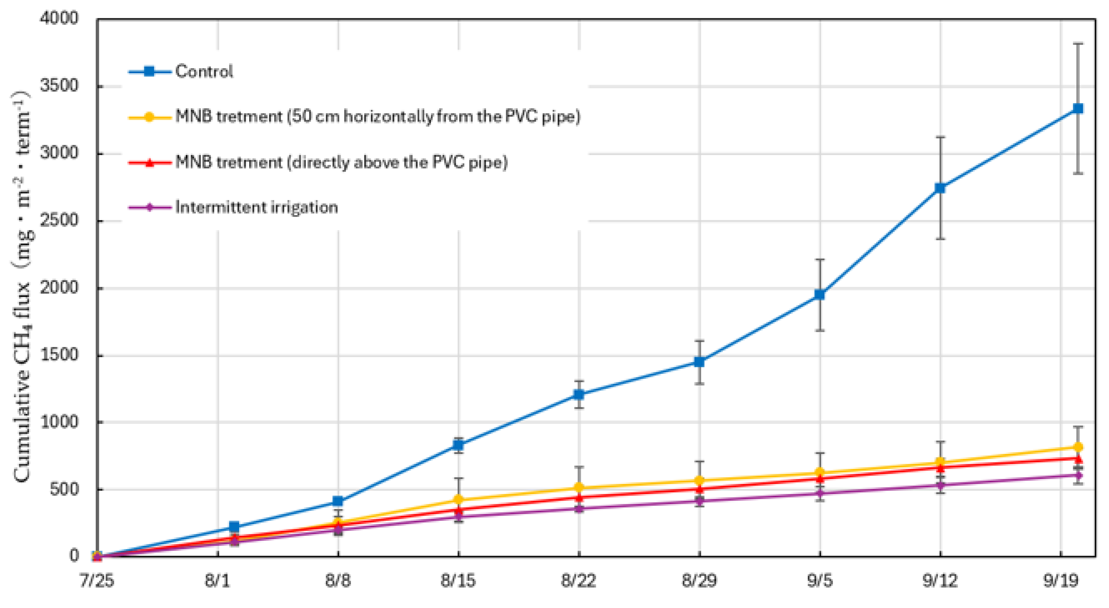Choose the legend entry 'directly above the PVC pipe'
coord(341,163)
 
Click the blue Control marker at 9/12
coord(940,188)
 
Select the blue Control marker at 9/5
coord(820,295)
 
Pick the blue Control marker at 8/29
coord(699,362)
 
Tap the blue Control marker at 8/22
coord(579,394)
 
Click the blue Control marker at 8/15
coord(459,445)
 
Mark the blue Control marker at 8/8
coord(338,501)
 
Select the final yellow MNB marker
coord(1078,447)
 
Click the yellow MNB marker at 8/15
coord(459,500)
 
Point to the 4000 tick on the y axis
coord(59,18)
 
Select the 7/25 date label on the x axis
coord(97,581)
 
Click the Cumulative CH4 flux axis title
coord(22,287)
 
